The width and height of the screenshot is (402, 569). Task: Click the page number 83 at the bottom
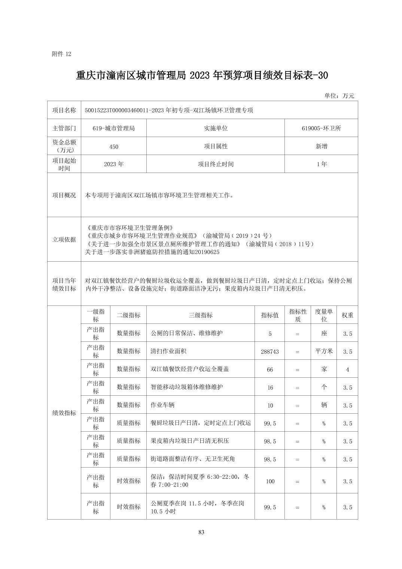pos(201,532)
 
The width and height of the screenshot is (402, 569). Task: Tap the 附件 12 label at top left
pos(61,54)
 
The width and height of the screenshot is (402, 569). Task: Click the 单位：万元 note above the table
pos(339,96)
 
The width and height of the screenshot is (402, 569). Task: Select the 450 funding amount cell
pos(113,147)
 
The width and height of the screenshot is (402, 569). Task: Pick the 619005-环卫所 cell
pos(321,128)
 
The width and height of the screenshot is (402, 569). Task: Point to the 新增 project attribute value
pos(321,146)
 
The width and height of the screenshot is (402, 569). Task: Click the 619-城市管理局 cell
pos(113,128)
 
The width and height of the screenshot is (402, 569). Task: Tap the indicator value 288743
pos(269,352)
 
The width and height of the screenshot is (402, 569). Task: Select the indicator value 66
pos(269,369)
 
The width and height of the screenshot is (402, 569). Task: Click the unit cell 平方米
pos(324,351)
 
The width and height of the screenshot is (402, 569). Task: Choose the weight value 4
pos(347,369)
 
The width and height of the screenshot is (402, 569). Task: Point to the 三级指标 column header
pos(200,315)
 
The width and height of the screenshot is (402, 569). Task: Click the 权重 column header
pos(347,315)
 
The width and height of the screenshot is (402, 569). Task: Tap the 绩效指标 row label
pos(64,413)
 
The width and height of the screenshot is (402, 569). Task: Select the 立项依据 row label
pos(64,240)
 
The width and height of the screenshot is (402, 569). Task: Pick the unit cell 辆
pos(324,405)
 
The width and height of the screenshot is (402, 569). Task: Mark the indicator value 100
pos(269,481)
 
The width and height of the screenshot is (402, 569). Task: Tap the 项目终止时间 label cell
pos(216,164)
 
